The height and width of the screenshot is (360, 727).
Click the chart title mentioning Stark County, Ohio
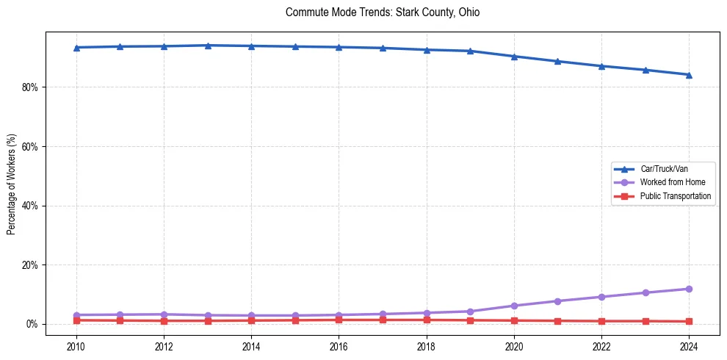383,12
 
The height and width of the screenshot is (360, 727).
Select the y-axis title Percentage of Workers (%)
11,184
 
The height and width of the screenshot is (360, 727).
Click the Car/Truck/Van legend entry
664,169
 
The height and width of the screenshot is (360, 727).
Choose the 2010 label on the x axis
76,345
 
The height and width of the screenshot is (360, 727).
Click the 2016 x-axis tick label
339,345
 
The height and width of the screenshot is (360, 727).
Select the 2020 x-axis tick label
514,345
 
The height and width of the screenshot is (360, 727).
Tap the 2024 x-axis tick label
689,345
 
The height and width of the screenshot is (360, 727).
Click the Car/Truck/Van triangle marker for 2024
689,74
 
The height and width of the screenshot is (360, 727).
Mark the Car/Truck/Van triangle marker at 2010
76,47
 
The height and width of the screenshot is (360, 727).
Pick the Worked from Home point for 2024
689,289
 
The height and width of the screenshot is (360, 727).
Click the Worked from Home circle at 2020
514,306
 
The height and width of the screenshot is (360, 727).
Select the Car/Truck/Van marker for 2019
470,51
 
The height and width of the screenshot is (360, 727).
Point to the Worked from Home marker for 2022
601,297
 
